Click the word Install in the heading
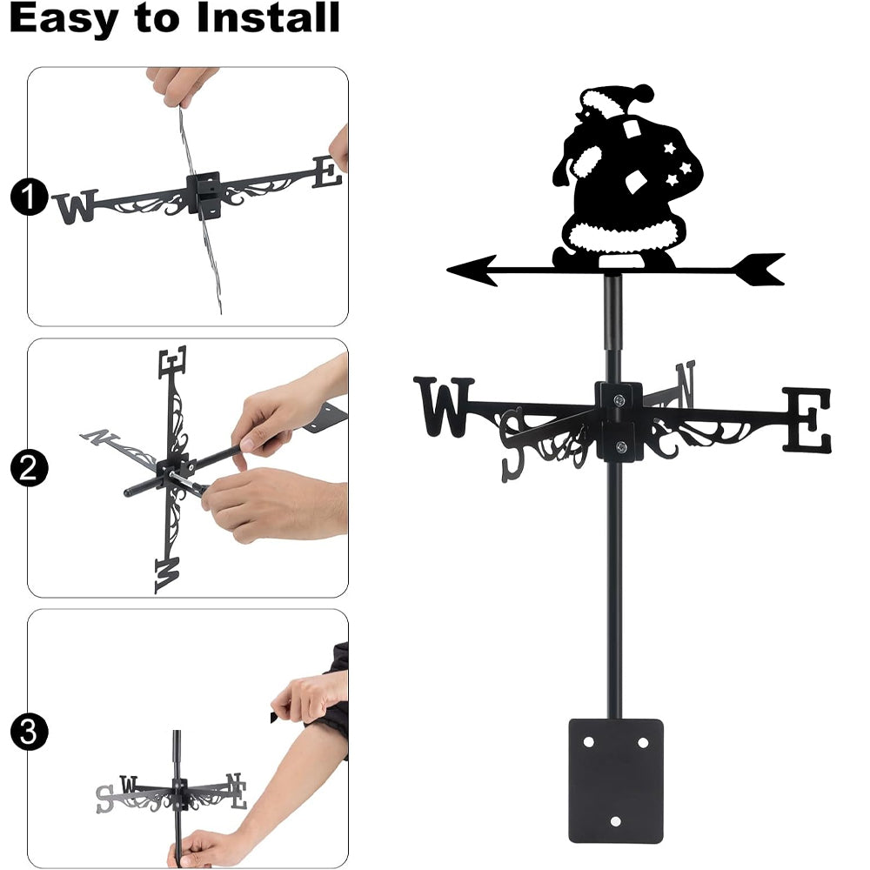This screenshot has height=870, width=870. pos(268,17)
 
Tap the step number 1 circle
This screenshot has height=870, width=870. pos(29,197)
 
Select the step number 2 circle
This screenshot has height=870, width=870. pos(29,468)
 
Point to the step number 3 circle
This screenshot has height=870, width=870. pos(29,732)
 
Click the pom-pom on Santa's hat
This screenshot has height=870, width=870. pos(643,93)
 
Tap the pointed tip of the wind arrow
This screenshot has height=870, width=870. pos(448,271)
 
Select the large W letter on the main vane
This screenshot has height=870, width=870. pos(444,406)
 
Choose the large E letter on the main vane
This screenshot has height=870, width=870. pos(808,419)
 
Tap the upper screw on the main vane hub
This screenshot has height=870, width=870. pos(619,399)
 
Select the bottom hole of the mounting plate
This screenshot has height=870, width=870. pos(615,821)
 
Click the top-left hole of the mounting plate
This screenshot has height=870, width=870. pos(589,742)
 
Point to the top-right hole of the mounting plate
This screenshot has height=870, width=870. pos(643,742)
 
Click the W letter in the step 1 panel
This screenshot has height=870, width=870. pos(76,207)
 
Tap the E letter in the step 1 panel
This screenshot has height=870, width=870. pos(327,172)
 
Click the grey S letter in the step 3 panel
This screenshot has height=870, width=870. pos(104,799)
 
